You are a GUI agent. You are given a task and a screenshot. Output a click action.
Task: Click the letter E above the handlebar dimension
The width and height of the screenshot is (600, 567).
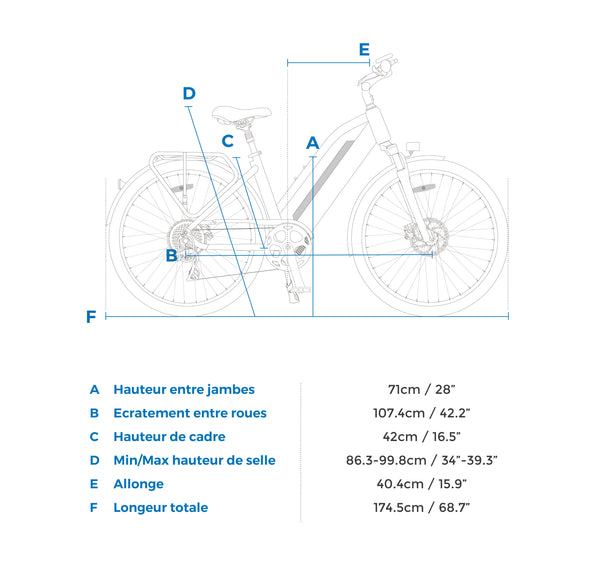tap(364, 49)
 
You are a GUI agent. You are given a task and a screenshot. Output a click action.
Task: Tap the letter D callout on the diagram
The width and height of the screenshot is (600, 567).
tap(189, 93)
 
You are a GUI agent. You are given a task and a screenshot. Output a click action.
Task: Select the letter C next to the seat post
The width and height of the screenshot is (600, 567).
tap(228, 141)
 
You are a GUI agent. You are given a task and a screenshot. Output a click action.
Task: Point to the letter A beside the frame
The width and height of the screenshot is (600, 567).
tap(313, 143)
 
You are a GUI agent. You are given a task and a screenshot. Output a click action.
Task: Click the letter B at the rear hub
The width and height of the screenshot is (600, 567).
tap(171, 255)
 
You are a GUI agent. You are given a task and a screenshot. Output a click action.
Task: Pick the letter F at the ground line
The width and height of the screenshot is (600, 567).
tap(91, 317)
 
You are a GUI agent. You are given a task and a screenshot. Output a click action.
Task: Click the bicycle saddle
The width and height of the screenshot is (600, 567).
tap(242, 114)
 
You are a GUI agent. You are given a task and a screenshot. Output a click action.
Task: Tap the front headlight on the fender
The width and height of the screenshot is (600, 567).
tap(413, 147)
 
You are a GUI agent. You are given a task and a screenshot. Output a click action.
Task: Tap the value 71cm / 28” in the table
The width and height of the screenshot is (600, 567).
tap(421, 389)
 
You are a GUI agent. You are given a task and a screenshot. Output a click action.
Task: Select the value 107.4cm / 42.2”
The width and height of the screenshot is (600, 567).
tap(421, 413)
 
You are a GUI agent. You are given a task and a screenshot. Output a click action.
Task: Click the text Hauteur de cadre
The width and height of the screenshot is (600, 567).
tap(169, 437)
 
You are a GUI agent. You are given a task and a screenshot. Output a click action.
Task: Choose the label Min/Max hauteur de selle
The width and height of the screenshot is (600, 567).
tap(194, 460)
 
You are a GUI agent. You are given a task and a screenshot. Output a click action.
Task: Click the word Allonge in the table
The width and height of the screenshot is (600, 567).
tap(139, 484)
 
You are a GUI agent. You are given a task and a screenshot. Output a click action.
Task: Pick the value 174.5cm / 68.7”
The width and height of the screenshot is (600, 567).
tap(421, 508)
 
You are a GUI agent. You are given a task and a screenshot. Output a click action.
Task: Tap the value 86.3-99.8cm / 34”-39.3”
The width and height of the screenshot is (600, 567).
tap(421, 460)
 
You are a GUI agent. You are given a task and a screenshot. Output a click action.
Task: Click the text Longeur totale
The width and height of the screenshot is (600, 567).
tap(161, 508)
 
